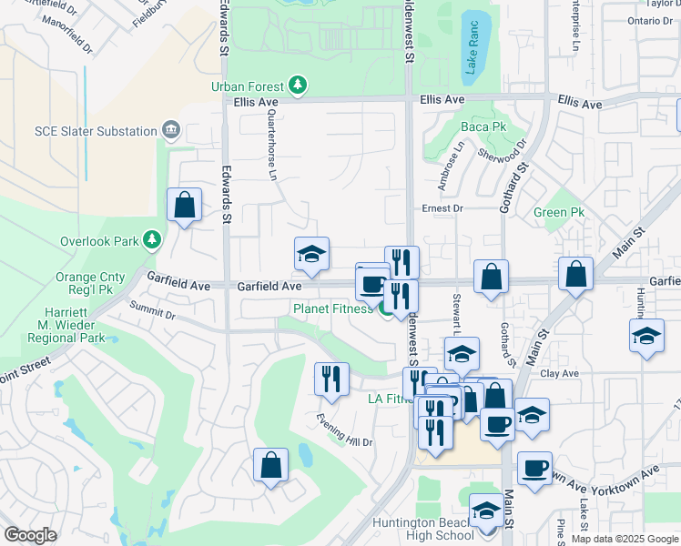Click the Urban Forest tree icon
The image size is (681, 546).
click(x=297, y=85)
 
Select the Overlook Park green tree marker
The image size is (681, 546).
click(x=152, y=241)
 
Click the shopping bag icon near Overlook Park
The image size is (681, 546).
click(x=184, y=206)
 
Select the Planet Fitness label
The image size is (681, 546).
click(x=332, y=308)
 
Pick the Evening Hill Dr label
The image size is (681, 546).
click(x=345, y=429)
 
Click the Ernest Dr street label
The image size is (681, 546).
click(x=443, y=208)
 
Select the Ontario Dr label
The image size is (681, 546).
click(x=649, y=20)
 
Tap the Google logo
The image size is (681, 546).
click(x=31, y=535)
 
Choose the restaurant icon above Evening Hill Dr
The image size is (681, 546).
click(x=331, y=379)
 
